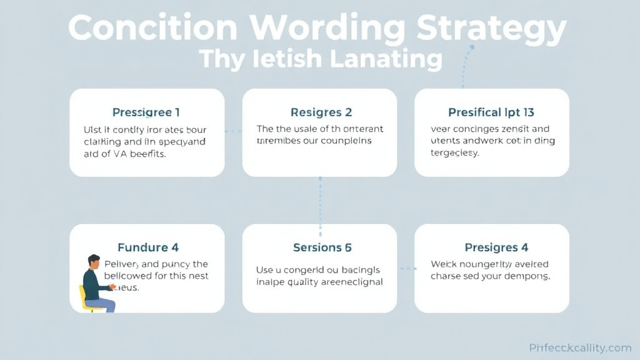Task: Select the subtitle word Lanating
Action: pos(386,59)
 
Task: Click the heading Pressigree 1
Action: pos(146,112)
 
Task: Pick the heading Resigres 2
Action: pos(321,112)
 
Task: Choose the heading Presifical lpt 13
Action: pos(491,112)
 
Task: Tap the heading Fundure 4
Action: pos(148,247)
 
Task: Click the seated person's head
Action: pos(94,261)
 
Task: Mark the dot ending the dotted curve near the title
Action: pos(472,46)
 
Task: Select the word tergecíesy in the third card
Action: pos(455,152)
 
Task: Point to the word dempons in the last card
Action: pos(527,276)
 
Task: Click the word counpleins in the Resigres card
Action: pos(347,141)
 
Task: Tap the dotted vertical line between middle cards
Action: pos(320,200)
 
